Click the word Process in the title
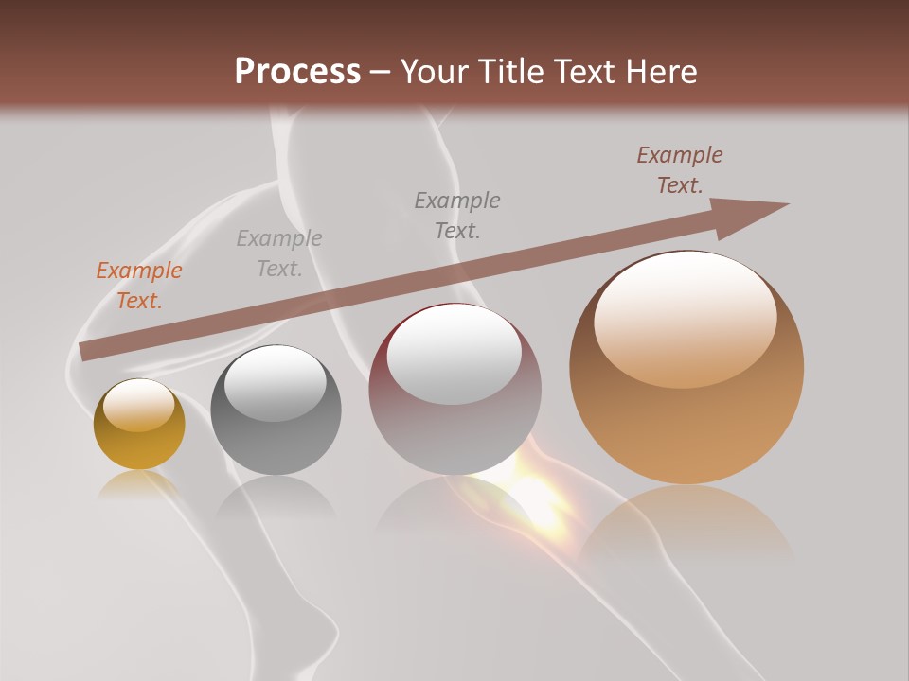pos(297,71)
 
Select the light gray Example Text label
pos(279,253)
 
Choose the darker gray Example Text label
pos(457,215)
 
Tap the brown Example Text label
pos(680,170)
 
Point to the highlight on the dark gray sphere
pos(275,384)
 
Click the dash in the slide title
pos(381,73)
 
